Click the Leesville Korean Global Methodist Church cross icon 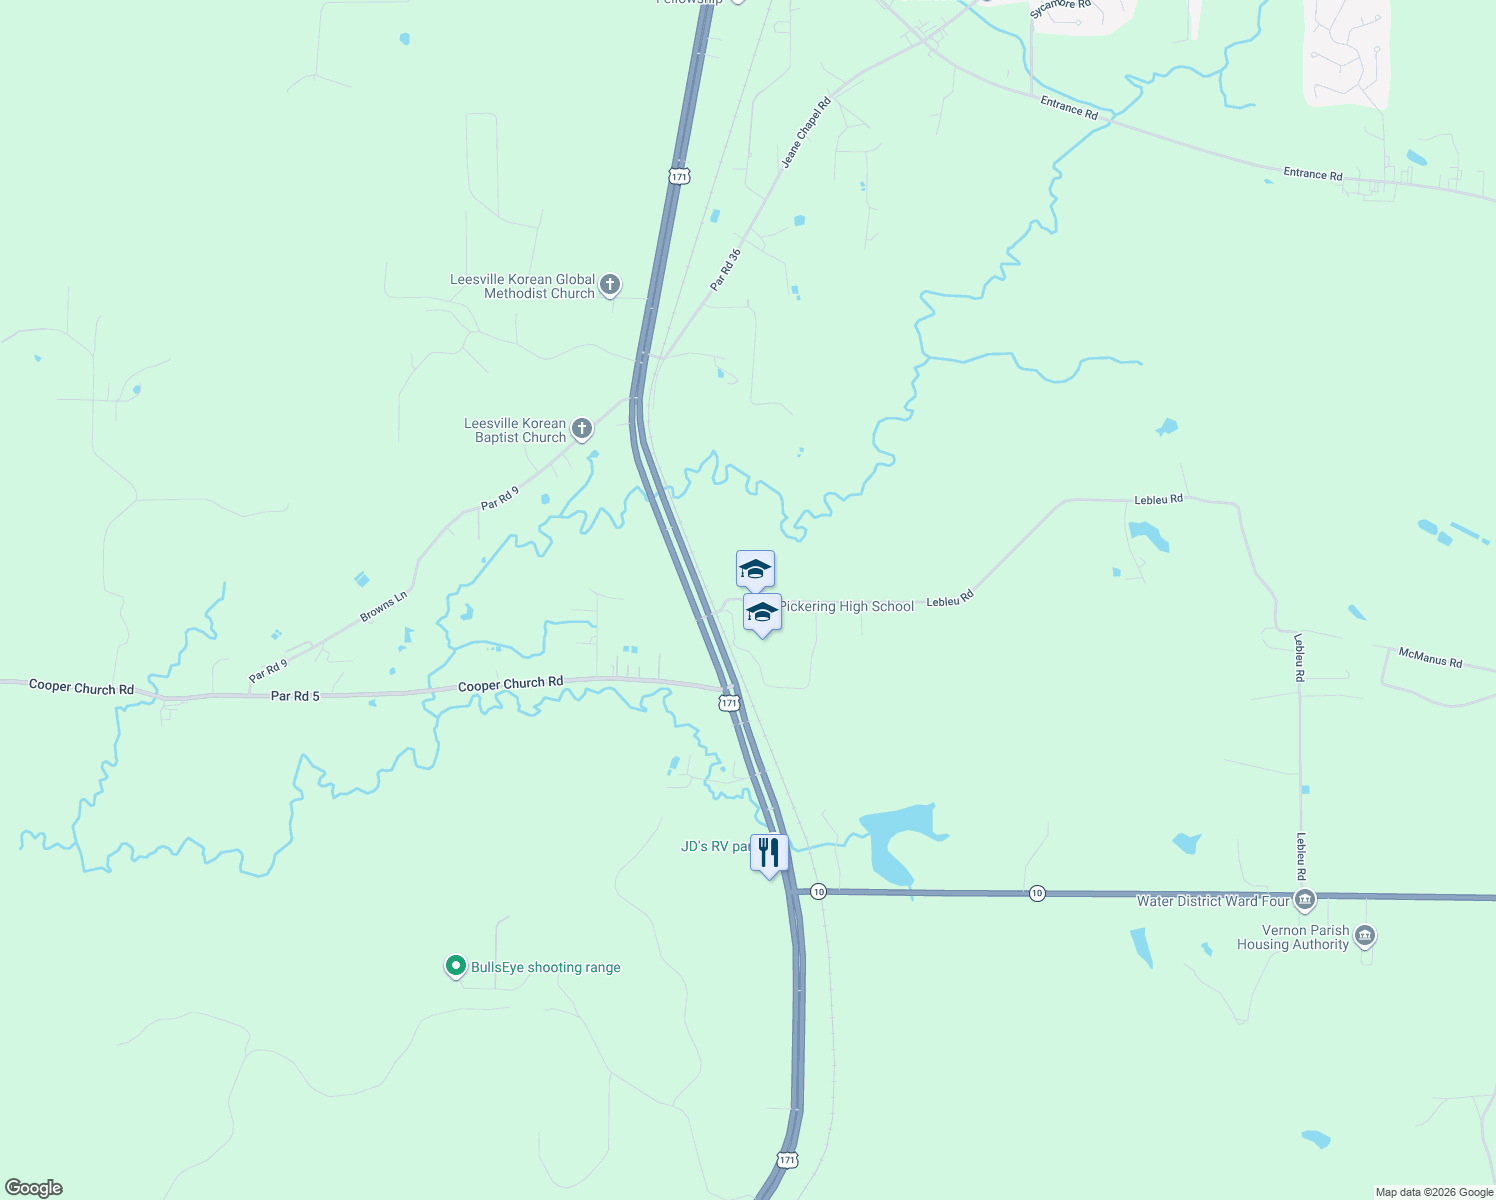pyautogui.click(x=609, y=286)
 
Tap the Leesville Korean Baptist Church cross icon pyautogui.click(x=581, y=430)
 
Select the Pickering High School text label pyautogui.click(x=847, y=606)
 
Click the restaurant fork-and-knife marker pyautogui.click(x=769, y=853)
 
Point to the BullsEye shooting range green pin pyautogui.click(x=455, y=966)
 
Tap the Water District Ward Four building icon pyautogui.click(x=1304, y=901)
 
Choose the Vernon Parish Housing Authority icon pyautogui.click(x=1365, y=937)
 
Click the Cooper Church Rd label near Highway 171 pyautogui.click(x=510, y=684)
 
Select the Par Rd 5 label pyautogui.click(x=295, y=696)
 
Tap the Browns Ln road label pyautogui.click(x=384, y=607)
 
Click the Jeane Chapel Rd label pyautogui.click(x=806, y=132)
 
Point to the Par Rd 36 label pyautogui.click(x=726, y=270)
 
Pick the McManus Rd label pyautogui.click(x=1430, y=657)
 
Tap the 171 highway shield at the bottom pyautogui.click(x=787, y=1160)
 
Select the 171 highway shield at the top pyautogui.click(x=679, y=176)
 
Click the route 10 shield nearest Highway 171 pyautogui.click(x=818, y=891)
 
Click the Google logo pyautogui.click(x=34, y=1188)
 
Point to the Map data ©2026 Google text pyautogui.click(x=1434, y=1192)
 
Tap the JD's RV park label pyautogui.click(x=714, y=847)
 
